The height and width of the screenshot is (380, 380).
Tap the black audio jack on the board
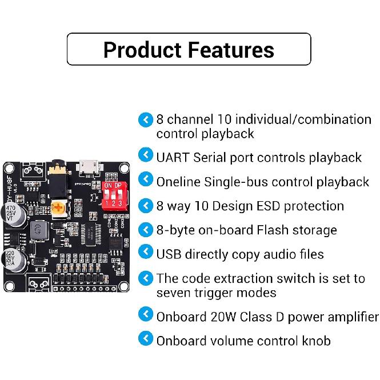coord(57,174)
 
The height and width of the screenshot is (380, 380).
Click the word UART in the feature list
coord(173,157)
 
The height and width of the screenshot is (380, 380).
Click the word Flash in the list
coord(262,230)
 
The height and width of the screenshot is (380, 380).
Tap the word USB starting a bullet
coord(169,254)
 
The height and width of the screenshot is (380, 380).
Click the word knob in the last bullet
coord(313,341)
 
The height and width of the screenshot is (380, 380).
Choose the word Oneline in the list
coord(179,182)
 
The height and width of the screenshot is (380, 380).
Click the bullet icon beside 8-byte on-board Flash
coord(146,230)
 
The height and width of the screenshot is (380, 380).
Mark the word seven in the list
coord(171,293)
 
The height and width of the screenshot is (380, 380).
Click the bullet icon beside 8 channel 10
coord(146,119)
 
